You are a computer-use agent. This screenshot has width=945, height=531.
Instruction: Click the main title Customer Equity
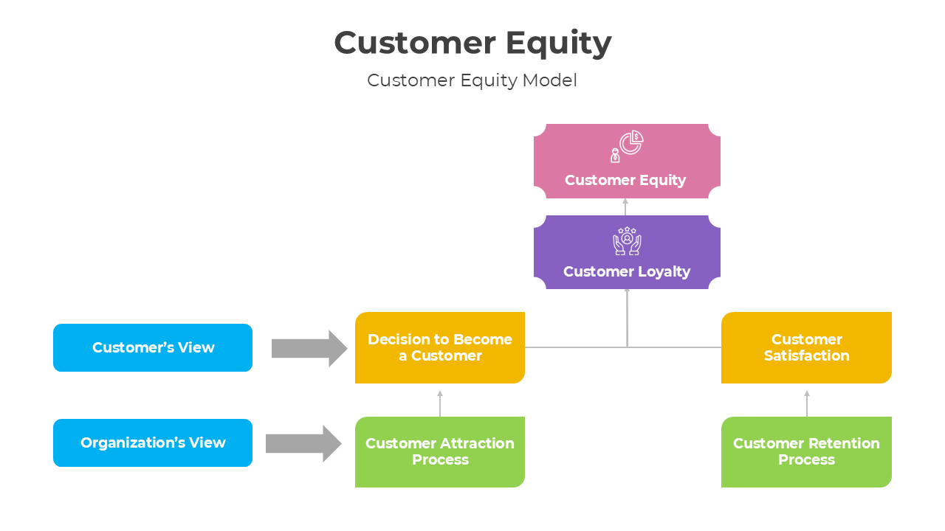tap(472, 43)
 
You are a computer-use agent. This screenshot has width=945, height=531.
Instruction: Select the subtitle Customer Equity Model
tap(472, 80)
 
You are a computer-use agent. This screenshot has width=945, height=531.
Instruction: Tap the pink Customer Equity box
tap(626, 162)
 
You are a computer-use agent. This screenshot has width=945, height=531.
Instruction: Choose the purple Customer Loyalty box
tap(626, 252)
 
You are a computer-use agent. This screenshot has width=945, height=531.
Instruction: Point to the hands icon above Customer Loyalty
tap(627, 240)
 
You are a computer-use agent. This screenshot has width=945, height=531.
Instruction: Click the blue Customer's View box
tap(153, 347)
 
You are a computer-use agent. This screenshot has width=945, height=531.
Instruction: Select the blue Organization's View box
tap(153, 442)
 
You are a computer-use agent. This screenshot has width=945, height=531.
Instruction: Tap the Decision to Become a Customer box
tap(439, 347)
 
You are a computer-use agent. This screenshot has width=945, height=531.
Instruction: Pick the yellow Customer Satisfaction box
tap(806, 347)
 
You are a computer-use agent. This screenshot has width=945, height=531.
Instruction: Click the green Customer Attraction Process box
tap(439, 451)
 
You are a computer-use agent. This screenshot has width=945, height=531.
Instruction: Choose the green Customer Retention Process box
tap(806, 451)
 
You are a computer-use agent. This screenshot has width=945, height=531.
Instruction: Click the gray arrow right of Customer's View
tap(309, 348)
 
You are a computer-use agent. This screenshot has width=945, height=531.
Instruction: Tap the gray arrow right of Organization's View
tap(303, 443)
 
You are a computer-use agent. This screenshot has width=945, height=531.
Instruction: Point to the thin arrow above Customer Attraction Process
tap(440, 403)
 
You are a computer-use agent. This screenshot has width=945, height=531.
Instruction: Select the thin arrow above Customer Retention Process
tap(807, 403)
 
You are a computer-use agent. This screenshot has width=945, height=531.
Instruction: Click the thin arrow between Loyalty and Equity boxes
tap(625, 206)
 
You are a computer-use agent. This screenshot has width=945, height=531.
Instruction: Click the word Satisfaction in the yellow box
tap(806, 356)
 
